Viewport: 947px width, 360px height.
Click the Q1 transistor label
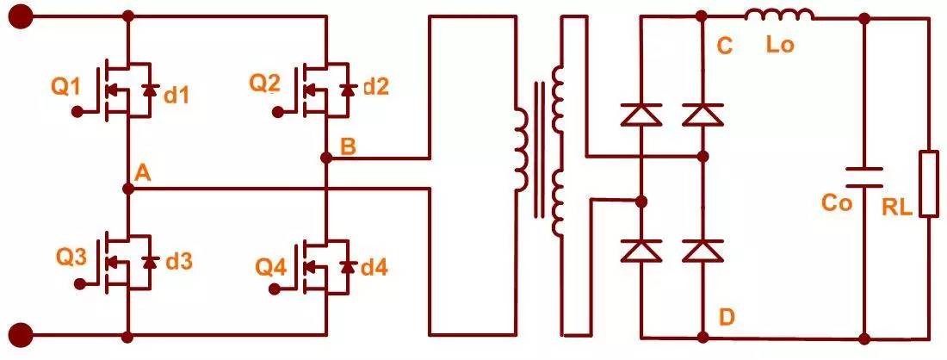click(65, 86)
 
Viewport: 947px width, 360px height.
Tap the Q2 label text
click(265, 84)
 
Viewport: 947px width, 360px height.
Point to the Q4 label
click(271, 267)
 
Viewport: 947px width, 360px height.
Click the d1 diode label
click(176, 95)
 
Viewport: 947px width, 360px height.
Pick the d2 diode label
click(376, 86)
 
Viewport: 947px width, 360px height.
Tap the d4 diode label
click(374, 268)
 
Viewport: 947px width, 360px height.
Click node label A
click(142, 173)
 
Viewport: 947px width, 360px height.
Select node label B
click(347, 146)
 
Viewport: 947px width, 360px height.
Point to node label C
click(725, 47)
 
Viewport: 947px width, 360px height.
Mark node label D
click(727, 318)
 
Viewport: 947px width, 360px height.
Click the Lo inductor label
click(779, 45)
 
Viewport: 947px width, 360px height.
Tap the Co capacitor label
click(837, 204)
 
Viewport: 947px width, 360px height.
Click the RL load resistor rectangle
click(928, 183)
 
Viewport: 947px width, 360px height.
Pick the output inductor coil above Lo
click(778, 15)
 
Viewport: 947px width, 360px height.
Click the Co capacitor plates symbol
click(863, 177)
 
